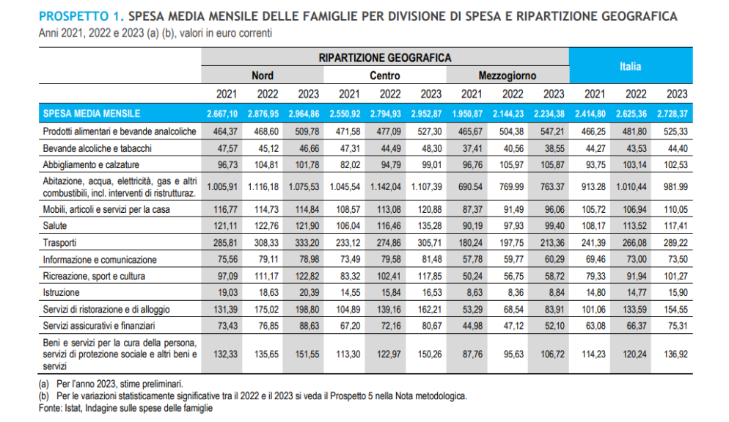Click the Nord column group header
click(x=263, y=76)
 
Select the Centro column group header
click(x=384, y=76)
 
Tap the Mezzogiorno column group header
click(x=507, y=76)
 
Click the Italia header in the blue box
click(x=630, y=66)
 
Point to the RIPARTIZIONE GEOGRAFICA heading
click(x=384, y=57)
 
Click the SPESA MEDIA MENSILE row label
click(x=92, y=113)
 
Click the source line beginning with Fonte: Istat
click(x=125, y=407)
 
